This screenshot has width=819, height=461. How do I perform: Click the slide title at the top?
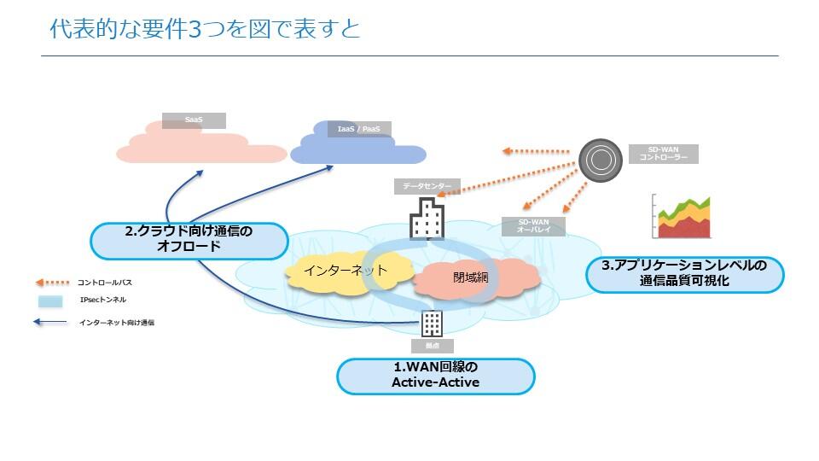pos(205,29)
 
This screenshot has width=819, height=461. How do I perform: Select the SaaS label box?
pos(194,120)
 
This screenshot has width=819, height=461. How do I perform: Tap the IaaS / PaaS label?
pos(359,129)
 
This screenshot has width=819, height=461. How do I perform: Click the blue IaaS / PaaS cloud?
pos(346,151)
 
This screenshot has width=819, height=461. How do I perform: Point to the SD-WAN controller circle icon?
pos(601,160)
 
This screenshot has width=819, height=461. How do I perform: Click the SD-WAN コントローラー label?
pos(663,154)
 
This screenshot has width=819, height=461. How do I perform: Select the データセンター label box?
pos(427,185)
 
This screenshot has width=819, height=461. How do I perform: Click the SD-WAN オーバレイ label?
pos(533,226)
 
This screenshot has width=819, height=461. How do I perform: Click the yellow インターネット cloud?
pos(341,271)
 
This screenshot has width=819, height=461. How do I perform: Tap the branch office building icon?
pos(433,324)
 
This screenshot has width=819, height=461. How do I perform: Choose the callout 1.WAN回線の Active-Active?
pos(435,376)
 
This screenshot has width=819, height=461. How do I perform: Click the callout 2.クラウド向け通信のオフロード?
pos(189,240)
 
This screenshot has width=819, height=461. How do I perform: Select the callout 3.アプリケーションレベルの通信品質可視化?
pos(684,273)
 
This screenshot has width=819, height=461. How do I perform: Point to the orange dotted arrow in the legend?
pos(50,282)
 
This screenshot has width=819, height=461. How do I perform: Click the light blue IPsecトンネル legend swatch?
pos(50,301)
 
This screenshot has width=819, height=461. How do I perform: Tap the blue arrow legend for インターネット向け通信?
pos(50,323)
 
